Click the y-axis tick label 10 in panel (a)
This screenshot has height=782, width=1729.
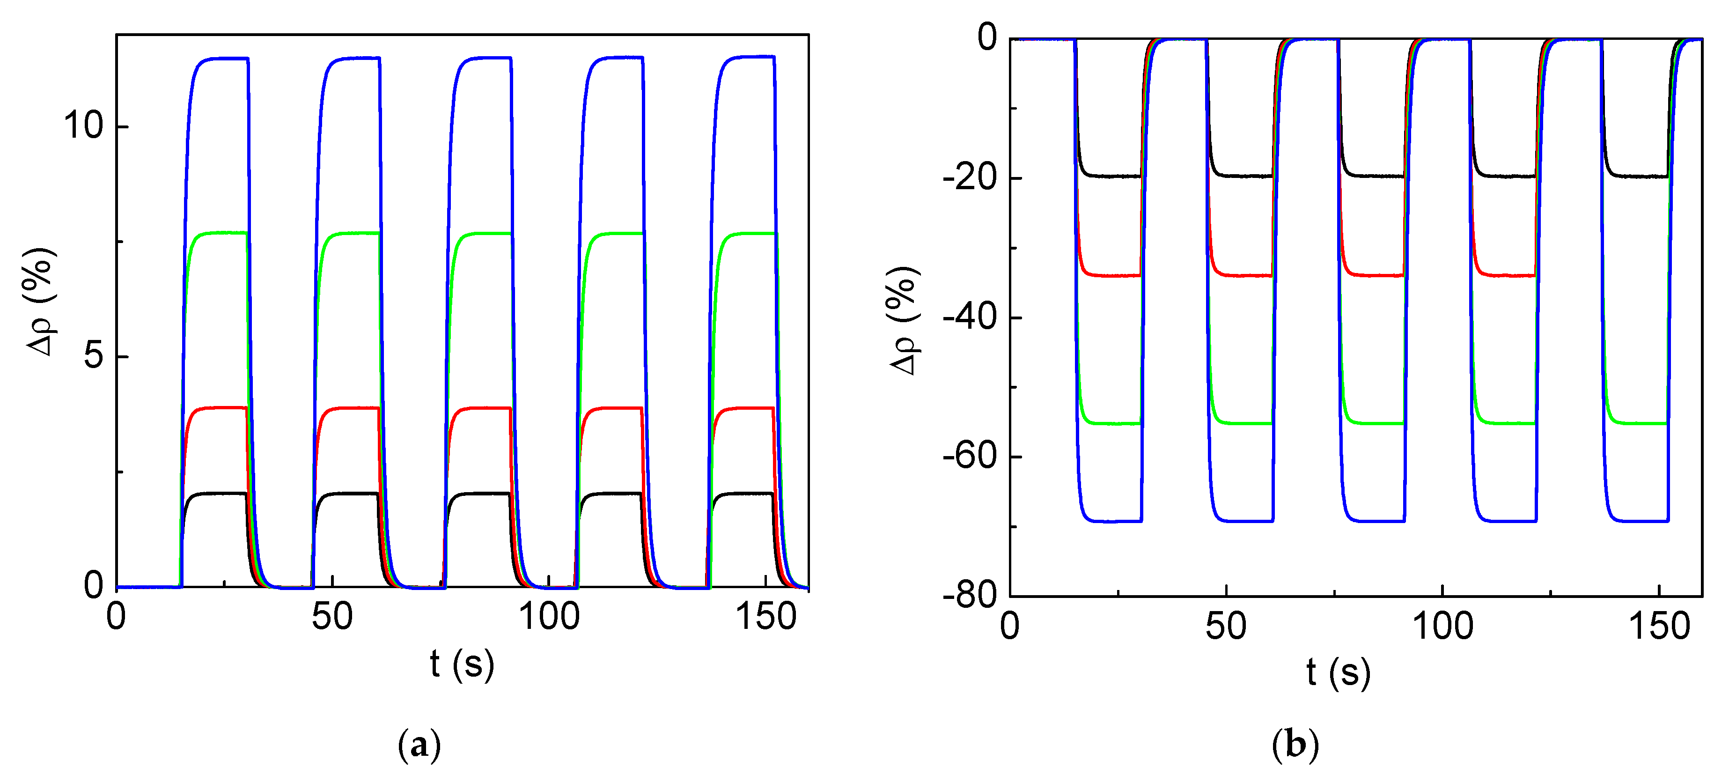coord(84,125)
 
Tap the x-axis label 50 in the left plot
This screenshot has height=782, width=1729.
coord(332,617)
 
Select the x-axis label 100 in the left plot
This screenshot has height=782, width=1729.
coord(549,617)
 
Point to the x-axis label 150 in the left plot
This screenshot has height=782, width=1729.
coord(766,617)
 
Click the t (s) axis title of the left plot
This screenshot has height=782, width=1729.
coord(462,664)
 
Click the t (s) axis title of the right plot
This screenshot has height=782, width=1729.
coord(1338,672)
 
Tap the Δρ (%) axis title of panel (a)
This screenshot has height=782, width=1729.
coord(42,302)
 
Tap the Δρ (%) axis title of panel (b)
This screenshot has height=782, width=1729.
coord(905,321)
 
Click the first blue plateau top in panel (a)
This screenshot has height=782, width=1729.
coord(221,59)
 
